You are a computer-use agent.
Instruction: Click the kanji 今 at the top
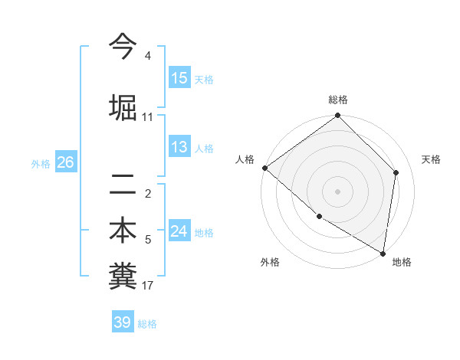pyautogui.click(x=123, y=47)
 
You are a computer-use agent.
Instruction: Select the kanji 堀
pyautogui.click(x=123, y=106)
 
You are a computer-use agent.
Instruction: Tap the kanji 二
pyautogui.click(x=123, y=184)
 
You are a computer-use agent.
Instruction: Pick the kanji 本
pyautogui.click(x=123, y=231)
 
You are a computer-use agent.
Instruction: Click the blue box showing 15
pyautogui.click(x=179, y=78)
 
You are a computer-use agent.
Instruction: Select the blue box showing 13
pyautogui.click(x=179, y=147)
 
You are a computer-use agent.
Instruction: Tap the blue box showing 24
pyautogui.click(x=179, y=231)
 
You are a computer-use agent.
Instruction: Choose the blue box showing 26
pyautogui.click(x=65, y=162)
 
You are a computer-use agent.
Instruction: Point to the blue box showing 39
pyautogui.click(x=123, y=322)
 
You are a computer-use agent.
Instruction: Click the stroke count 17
pyautogui.click(x=148, y=286)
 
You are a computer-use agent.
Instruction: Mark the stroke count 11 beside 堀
pyautogui.click(x=148, y=117)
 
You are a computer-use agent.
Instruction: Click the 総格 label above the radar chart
pyautogui.click(x=338, y=100)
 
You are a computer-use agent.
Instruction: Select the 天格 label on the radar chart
pyautogui.click(x=432, y=159)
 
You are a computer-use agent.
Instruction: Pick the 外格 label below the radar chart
pyautogui.click(x=270, y=262)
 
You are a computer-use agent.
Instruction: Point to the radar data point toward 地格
pyautogui.click(x=383, y=253)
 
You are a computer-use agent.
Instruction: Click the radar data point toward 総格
pyautogui.click(x=337, y=116)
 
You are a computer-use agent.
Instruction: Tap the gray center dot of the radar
pyautogui.click(x=337, y=191)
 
